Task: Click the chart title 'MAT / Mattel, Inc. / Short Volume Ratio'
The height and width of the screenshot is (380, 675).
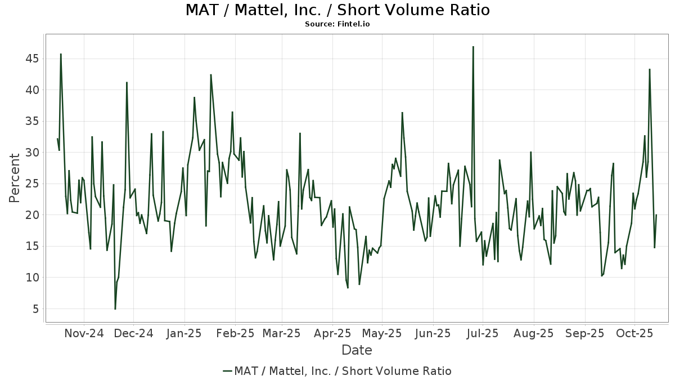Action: click(337, 10)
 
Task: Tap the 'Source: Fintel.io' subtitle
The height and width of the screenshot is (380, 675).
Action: click(337, 24)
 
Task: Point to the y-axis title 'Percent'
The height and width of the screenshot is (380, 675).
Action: click(15, 178)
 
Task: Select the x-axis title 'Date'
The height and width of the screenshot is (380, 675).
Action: click(357, 350)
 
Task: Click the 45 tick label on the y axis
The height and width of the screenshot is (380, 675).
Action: click(31, 59)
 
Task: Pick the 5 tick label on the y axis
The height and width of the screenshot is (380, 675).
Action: click(35, 309)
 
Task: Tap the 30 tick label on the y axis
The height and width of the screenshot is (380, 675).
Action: click(31, 153)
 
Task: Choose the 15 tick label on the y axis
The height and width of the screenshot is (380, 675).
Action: click(31, 246)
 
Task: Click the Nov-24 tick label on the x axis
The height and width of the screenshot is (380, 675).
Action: click(84, 333)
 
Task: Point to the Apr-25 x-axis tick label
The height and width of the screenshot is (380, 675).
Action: click(332, 333)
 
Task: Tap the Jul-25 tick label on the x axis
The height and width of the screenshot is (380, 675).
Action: click(483, 333)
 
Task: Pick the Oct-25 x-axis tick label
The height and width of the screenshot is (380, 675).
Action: click(634, 333)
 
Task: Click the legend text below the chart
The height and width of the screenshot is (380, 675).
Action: click(343, 371)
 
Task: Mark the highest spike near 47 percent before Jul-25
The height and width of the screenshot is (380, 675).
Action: click(473, 47)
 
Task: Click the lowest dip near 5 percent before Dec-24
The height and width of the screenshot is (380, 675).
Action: click(115, 309)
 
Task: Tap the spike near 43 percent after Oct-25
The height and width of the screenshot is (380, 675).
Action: click(650, 69)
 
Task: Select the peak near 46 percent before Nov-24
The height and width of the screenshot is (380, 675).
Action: click(61, 54)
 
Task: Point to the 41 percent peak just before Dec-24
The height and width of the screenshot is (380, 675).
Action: click(127, 82)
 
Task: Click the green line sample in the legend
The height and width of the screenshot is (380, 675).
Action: click(227, 371)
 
